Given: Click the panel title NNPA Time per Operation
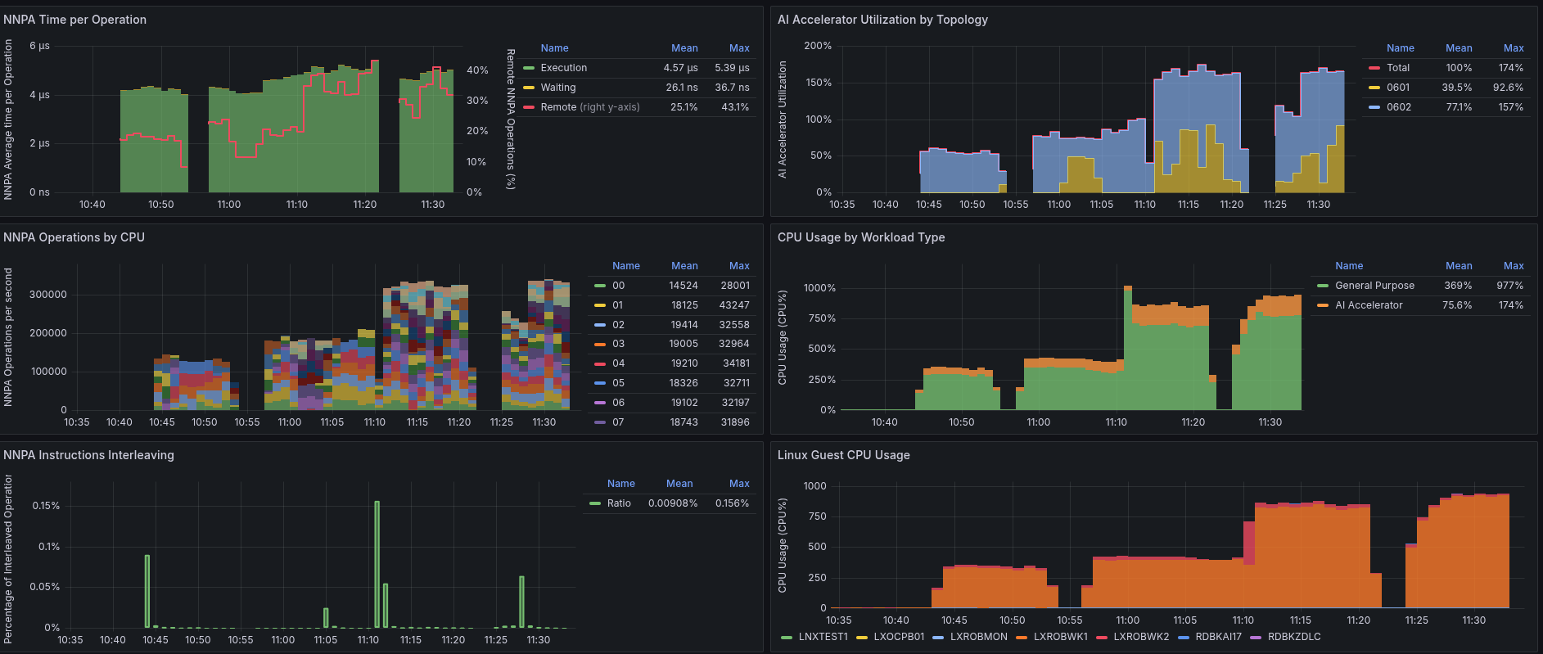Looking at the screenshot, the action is pos(74,20).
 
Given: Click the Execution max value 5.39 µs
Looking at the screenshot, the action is pos(732,68).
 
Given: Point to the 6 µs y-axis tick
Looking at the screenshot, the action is pos(39,46).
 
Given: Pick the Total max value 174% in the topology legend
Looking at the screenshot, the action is pos(1511,68).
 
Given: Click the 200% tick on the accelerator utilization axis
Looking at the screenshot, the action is pos(818,46).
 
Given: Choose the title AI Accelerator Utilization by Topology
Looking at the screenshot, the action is pos(882,20).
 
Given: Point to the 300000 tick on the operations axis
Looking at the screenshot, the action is pos(48,295).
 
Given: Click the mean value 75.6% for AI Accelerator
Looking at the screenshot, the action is pos(1457,305).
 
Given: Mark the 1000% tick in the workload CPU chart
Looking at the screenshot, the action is pos(819,288).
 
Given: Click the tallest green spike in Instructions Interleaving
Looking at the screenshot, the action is pos(377,565).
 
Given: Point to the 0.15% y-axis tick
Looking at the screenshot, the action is pos(46,506).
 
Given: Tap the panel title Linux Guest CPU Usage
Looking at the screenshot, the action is pos(843,455).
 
